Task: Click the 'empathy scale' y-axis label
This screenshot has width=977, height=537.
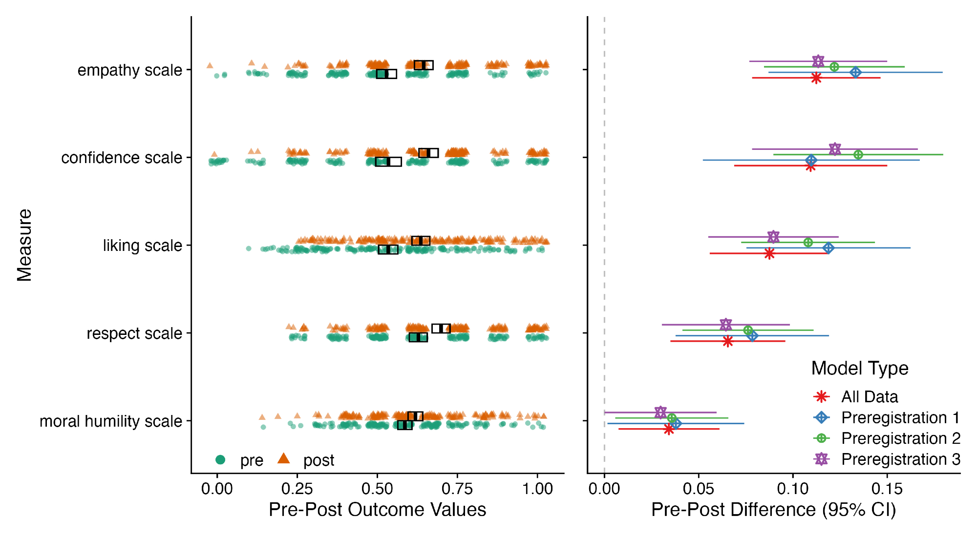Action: coord(129,70)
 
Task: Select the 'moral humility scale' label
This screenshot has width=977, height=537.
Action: coord(110,421)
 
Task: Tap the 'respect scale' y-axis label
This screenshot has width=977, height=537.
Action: coord(134,333)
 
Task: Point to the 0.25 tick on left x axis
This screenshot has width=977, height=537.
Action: coord(297,489)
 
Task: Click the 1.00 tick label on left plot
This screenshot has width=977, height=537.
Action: coord(537,489)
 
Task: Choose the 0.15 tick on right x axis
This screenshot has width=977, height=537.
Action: coord(887,489)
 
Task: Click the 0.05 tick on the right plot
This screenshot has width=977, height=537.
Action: coord(699,489)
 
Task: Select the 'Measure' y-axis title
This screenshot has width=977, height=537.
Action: coord(24,245)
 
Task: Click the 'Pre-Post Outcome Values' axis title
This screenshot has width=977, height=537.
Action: coord(377,510)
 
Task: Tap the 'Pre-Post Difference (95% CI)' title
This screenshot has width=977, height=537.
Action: coord(773,510)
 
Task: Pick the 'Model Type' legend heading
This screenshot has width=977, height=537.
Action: coord(860,368)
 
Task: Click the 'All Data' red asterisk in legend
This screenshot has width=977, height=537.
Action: coord(822,396)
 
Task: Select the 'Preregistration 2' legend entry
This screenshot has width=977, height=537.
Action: coord(900,438)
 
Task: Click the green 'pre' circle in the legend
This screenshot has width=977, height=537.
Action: coord(220,459)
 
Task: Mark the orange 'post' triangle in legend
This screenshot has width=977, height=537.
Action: coord(283,458)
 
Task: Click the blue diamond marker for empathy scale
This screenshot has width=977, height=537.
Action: coord(855,72)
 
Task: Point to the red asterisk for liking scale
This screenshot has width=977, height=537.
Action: coord(769,253)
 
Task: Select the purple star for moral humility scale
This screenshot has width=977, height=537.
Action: coord(660,412)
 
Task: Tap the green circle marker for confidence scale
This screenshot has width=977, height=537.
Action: coord(858,155)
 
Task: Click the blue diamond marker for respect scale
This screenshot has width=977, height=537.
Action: coord(753,336)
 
